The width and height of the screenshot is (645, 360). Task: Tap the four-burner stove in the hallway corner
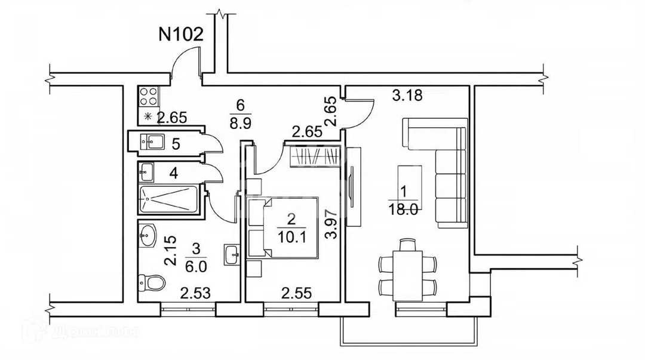click(x=148, y=96)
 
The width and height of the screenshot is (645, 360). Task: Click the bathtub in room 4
click(x=169, y=198)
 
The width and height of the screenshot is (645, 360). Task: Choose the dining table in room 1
click(x=408, y=272)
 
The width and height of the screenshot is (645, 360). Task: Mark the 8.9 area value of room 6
click(x=240, y=124)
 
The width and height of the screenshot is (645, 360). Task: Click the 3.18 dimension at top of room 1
click(x=408, y=96)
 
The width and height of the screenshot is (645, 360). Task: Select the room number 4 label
click(x=173, y=174)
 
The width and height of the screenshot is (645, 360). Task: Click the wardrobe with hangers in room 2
click(x=316, y=157)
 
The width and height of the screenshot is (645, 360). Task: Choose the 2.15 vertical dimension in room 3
click(x=171, y=251)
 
